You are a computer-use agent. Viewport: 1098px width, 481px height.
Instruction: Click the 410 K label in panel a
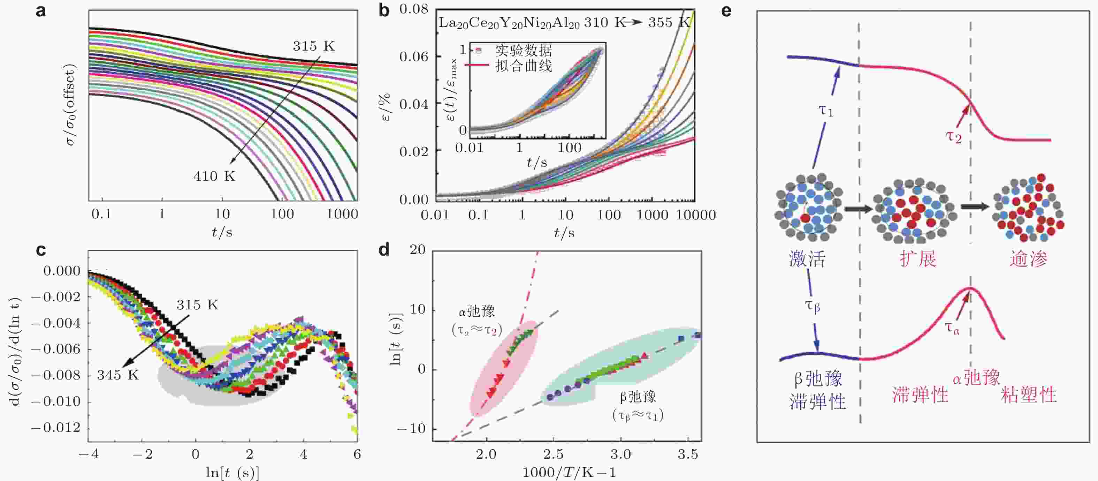point(214,176)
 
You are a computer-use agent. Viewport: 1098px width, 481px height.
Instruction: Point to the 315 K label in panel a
point(313,46)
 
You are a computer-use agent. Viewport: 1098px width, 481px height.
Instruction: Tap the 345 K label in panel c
point(118,375)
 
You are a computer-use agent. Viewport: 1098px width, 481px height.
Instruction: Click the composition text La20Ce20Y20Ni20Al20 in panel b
point(509,23)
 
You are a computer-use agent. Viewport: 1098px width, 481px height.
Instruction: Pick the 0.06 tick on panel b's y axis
point(413,56)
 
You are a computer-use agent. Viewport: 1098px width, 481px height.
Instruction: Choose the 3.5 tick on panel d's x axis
point(687,454)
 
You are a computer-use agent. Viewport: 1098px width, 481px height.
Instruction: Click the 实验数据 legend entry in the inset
point(524,51)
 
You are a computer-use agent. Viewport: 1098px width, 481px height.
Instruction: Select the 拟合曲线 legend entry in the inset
point(524,66)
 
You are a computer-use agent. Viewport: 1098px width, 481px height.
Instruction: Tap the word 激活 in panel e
point(807,258)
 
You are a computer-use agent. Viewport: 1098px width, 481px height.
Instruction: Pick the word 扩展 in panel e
point(918,258)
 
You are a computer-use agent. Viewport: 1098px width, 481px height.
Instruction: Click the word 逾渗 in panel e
point(1028,258)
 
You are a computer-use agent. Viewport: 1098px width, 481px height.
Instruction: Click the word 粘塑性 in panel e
point(1029,394)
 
